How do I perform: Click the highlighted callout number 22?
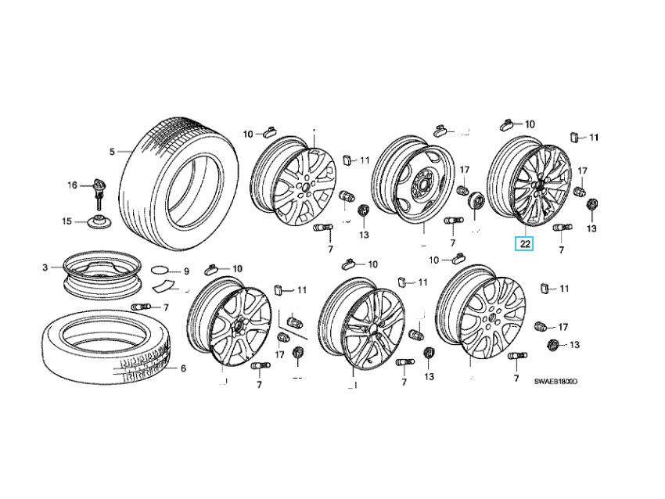coord(525,244)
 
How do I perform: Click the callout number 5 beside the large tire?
coord(112,151)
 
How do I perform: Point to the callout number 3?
coord(45,268)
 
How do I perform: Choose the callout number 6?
coord(183,368)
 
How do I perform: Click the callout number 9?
coord(186,271)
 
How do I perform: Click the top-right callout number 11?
coord(592,138)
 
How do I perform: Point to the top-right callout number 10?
coord(530,124)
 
